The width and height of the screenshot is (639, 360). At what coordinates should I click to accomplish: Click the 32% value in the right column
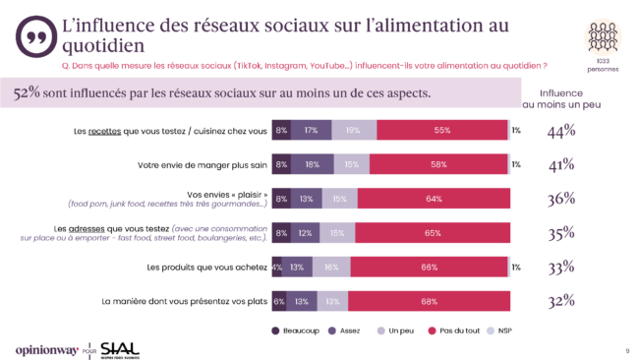pos(561,301)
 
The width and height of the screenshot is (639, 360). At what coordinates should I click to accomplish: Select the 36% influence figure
pos(561,199)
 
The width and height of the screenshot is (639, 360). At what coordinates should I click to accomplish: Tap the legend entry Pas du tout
pos(447,330)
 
